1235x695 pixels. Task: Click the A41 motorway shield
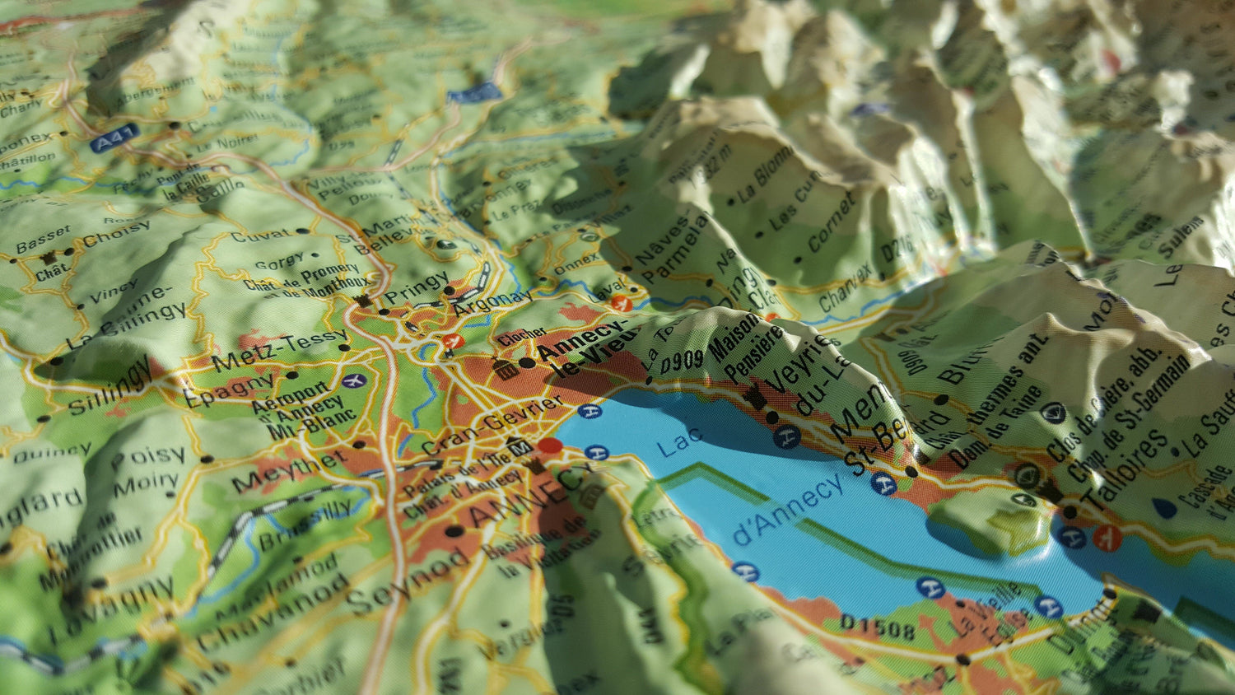(113, 141)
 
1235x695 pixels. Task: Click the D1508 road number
(878, 627)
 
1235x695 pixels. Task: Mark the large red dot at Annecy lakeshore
(550, 446)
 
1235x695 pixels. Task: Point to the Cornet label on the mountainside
(831, 222)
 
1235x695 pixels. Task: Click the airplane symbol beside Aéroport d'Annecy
(354, 380)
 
